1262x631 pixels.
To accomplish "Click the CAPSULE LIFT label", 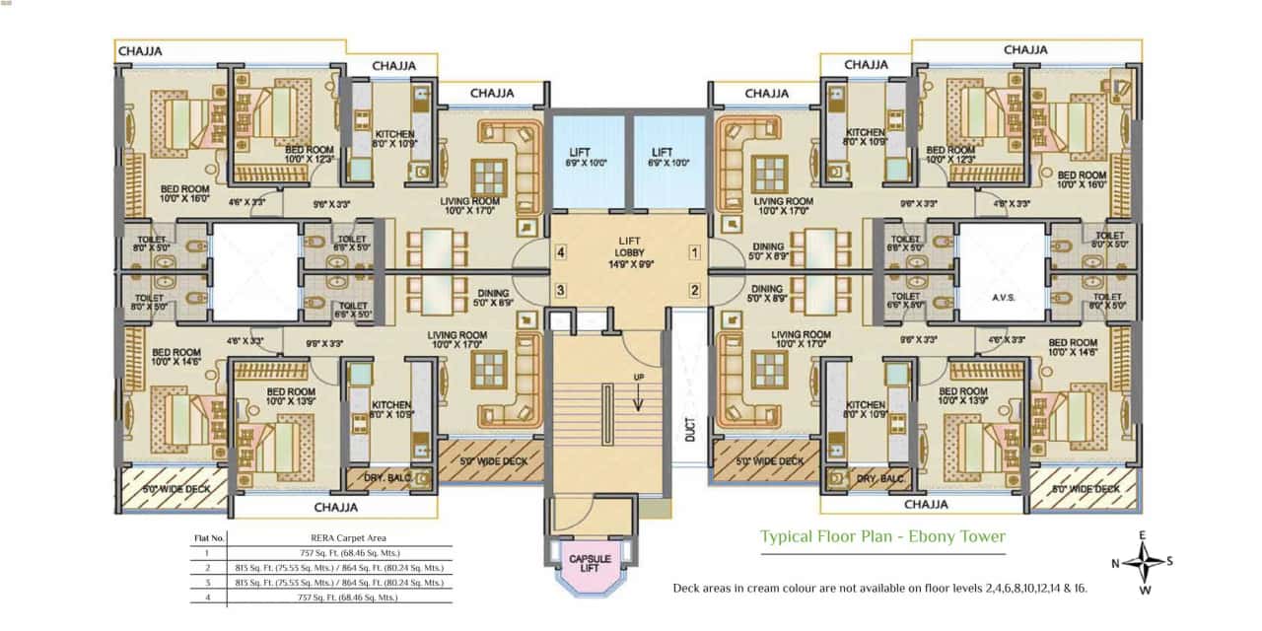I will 590,561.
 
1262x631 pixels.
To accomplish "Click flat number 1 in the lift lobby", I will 694,253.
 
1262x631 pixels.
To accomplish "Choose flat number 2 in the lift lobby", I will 694,290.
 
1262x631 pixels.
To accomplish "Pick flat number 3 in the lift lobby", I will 560,290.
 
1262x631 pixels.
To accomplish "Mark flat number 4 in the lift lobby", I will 560,253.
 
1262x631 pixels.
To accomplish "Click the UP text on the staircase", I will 638,378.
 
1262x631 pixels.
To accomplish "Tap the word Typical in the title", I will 789,537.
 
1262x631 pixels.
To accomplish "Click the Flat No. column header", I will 210,538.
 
